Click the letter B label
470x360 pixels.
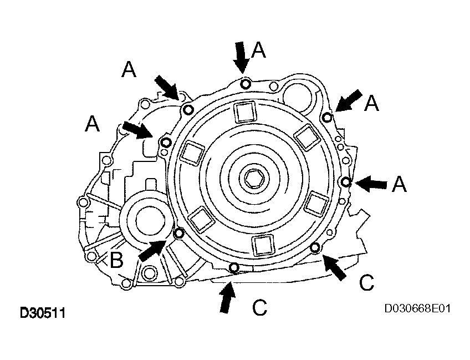tap(116, 260)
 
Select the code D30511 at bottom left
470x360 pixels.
tap(42, 313)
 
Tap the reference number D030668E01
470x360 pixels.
tap(417, 308)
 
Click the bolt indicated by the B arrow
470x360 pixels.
tap(179, 233)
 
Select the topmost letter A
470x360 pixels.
tap(258, 49)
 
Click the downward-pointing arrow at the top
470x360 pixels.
tap(241, 57)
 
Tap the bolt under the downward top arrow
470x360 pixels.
tap(246, 83)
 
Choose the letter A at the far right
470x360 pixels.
tap(399, 184)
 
